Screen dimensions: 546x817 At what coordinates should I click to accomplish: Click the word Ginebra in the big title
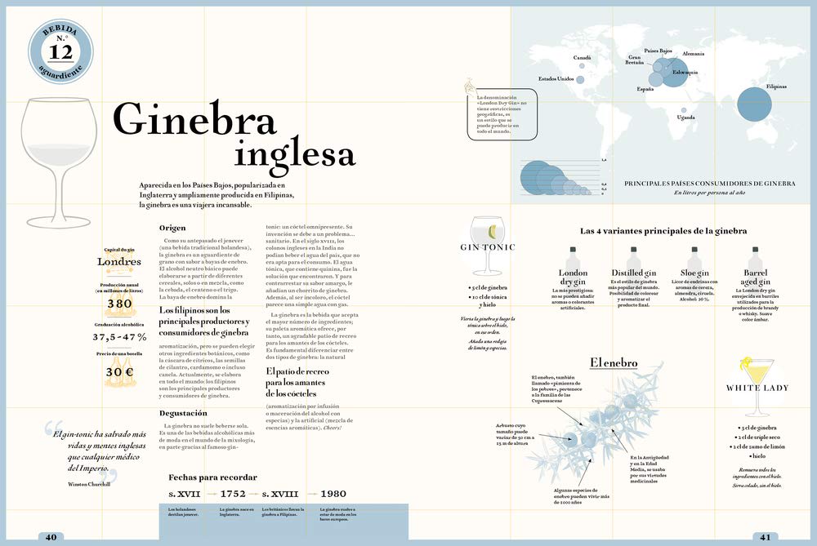[194, 122]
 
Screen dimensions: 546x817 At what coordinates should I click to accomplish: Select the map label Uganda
[686, 118]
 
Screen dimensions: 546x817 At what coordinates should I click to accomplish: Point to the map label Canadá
[582, 58]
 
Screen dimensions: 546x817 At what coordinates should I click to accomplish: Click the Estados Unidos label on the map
[555, 79]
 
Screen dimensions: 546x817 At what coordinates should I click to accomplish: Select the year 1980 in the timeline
[333, 494]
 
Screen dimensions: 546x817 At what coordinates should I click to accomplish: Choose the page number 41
[765, 536]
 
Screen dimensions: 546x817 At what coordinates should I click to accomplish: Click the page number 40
[51, 536]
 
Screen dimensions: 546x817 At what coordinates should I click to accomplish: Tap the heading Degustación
[182, 414]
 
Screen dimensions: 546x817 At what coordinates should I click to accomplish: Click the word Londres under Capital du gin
[119, 262]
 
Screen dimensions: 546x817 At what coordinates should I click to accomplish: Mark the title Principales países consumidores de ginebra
[709, 184]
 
